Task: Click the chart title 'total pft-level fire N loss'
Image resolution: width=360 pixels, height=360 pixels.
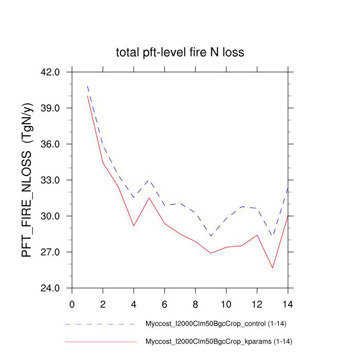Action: (179, 52)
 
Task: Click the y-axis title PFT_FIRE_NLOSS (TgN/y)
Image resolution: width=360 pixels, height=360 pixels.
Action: (27, 180)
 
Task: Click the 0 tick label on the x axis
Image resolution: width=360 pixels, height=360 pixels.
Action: (72, 303)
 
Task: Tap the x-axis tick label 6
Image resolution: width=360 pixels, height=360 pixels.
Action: (165, 303)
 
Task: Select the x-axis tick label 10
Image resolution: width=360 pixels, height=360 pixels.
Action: (226, 303)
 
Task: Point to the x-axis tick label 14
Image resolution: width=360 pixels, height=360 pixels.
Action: (288, 303)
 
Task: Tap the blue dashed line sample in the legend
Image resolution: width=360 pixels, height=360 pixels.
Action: (100, 325)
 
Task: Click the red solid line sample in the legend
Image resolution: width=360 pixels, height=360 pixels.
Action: (100, 341)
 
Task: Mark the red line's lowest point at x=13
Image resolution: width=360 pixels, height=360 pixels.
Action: (273, 267)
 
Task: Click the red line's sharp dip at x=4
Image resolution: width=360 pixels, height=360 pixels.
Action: (134, 226)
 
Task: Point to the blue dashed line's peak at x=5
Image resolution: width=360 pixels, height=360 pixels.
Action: (149, 180)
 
